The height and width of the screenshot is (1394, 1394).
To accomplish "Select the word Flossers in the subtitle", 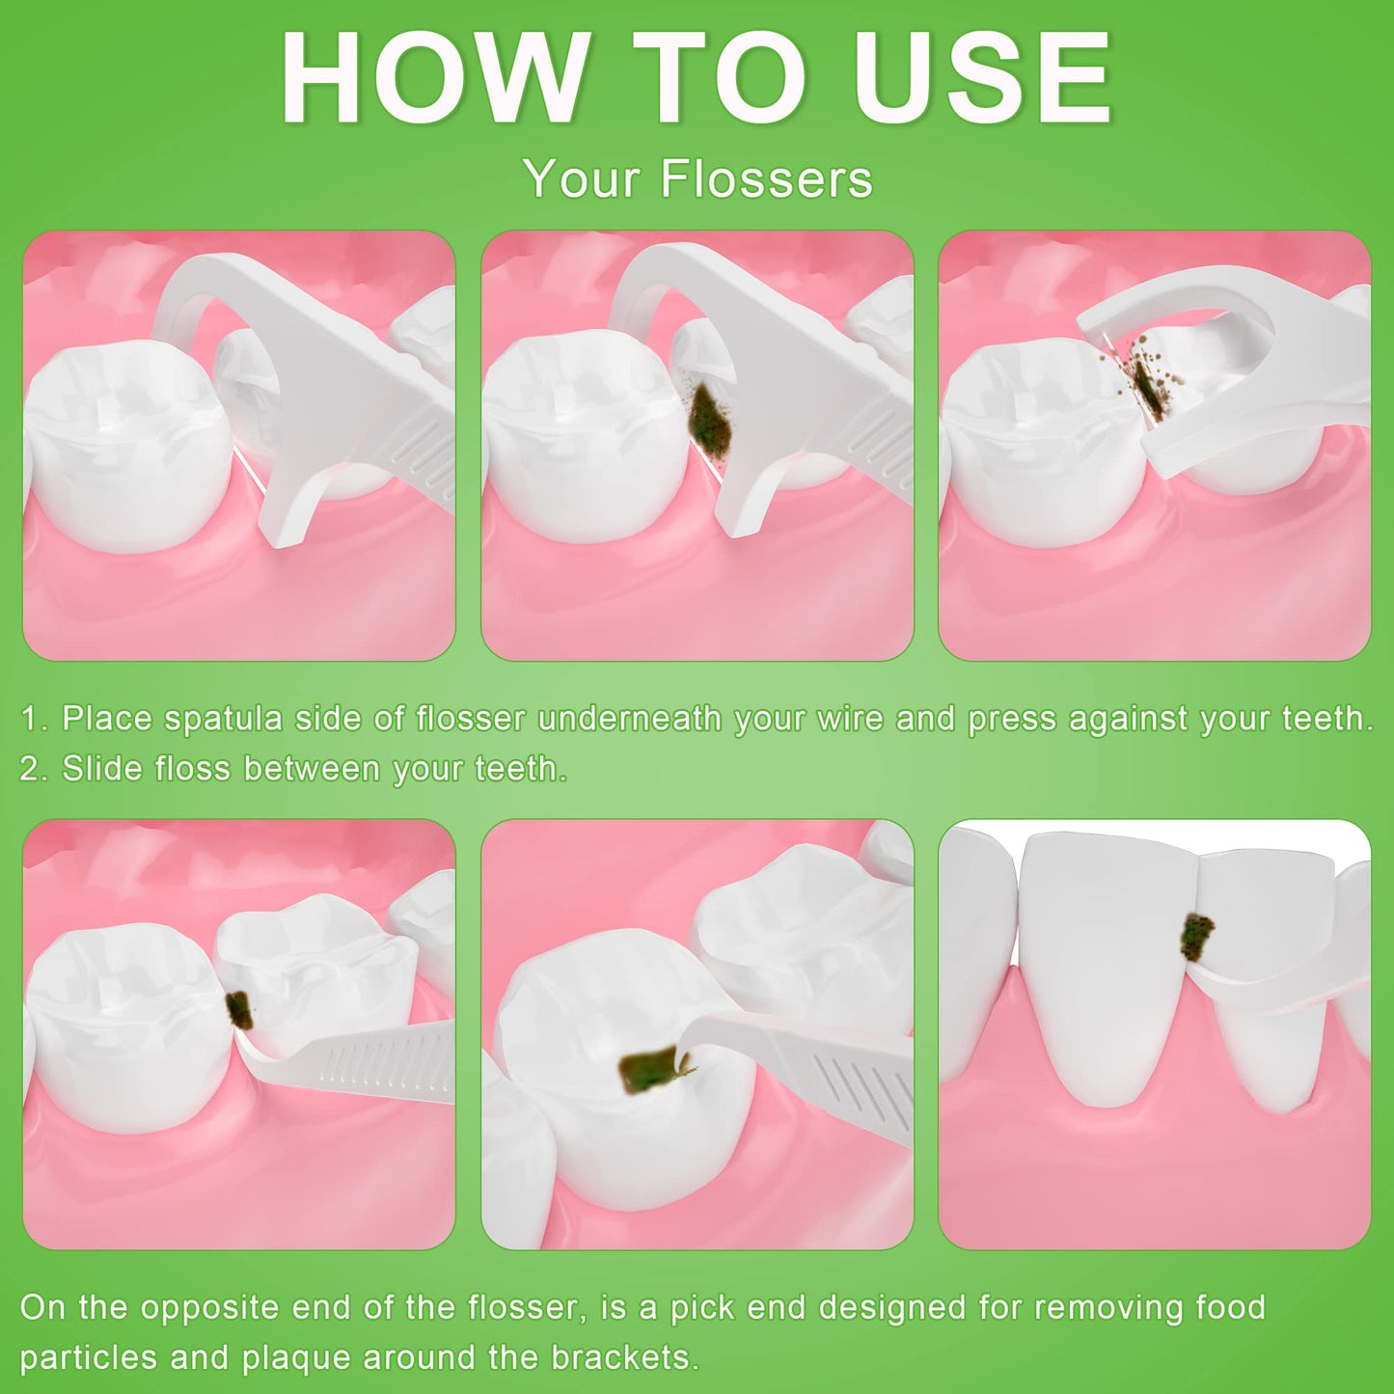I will point(767,179).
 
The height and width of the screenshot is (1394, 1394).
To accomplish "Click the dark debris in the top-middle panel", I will point(710,420).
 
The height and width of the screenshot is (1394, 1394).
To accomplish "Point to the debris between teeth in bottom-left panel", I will point(238,1010).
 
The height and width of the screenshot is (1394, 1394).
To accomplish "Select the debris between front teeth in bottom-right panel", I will point(1197,936).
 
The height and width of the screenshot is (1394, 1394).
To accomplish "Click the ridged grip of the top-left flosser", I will point(424,453).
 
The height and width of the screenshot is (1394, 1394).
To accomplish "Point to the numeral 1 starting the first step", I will point(31,719).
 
